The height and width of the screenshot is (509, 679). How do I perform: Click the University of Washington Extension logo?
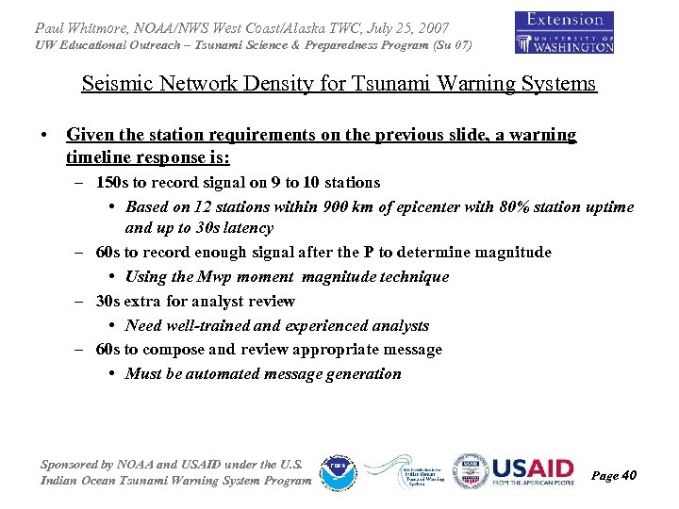click(564, 32)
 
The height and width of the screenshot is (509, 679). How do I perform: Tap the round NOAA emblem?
click(337, 472)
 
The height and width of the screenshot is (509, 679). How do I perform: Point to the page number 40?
click(628, 475)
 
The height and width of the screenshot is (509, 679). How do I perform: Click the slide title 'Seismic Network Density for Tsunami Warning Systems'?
click(339, 83)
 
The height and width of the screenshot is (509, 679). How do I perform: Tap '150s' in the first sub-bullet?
click(114, 182)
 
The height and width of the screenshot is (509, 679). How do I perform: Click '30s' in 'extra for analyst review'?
click(110, 301)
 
